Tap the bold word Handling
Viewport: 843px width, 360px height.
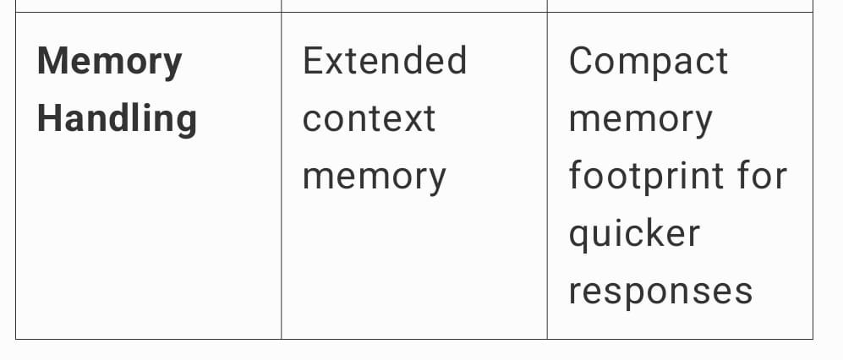117,119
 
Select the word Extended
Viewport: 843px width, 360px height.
384,62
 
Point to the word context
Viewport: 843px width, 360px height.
369,119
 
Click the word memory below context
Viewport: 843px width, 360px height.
374,177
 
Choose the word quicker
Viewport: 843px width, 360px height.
634,234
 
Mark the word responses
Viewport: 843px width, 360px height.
660,292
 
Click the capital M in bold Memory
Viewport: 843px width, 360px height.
53,62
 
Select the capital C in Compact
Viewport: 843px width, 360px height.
583,62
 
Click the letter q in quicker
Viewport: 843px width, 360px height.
579,237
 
